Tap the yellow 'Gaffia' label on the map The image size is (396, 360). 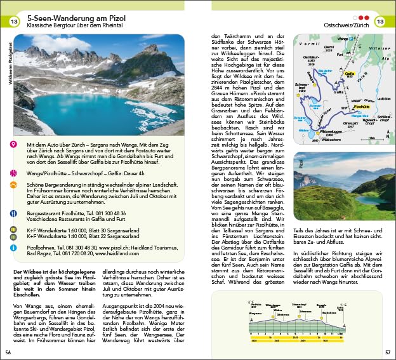(348, 74)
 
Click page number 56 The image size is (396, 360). (8, 352)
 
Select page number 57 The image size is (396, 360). (387, 352)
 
